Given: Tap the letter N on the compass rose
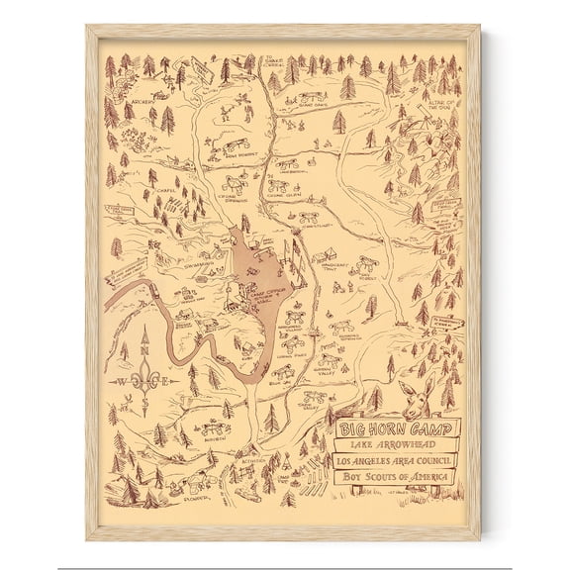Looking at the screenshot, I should click(x=145, y=349).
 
